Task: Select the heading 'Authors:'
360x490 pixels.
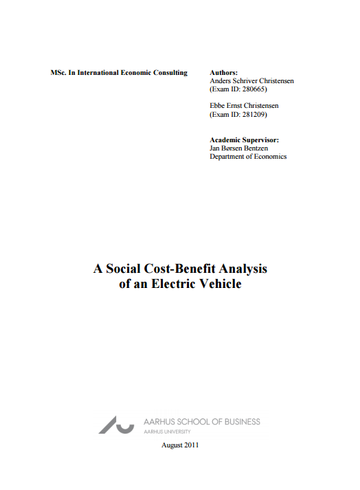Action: (223, 72)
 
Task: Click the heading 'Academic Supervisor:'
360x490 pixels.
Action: (244, 140)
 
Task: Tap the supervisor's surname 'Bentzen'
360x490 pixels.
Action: (263, 148)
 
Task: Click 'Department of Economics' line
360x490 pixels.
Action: (248, 157)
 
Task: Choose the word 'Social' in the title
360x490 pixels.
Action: (126, 269)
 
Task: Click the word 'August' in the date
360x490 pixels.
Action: (170, 445)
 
